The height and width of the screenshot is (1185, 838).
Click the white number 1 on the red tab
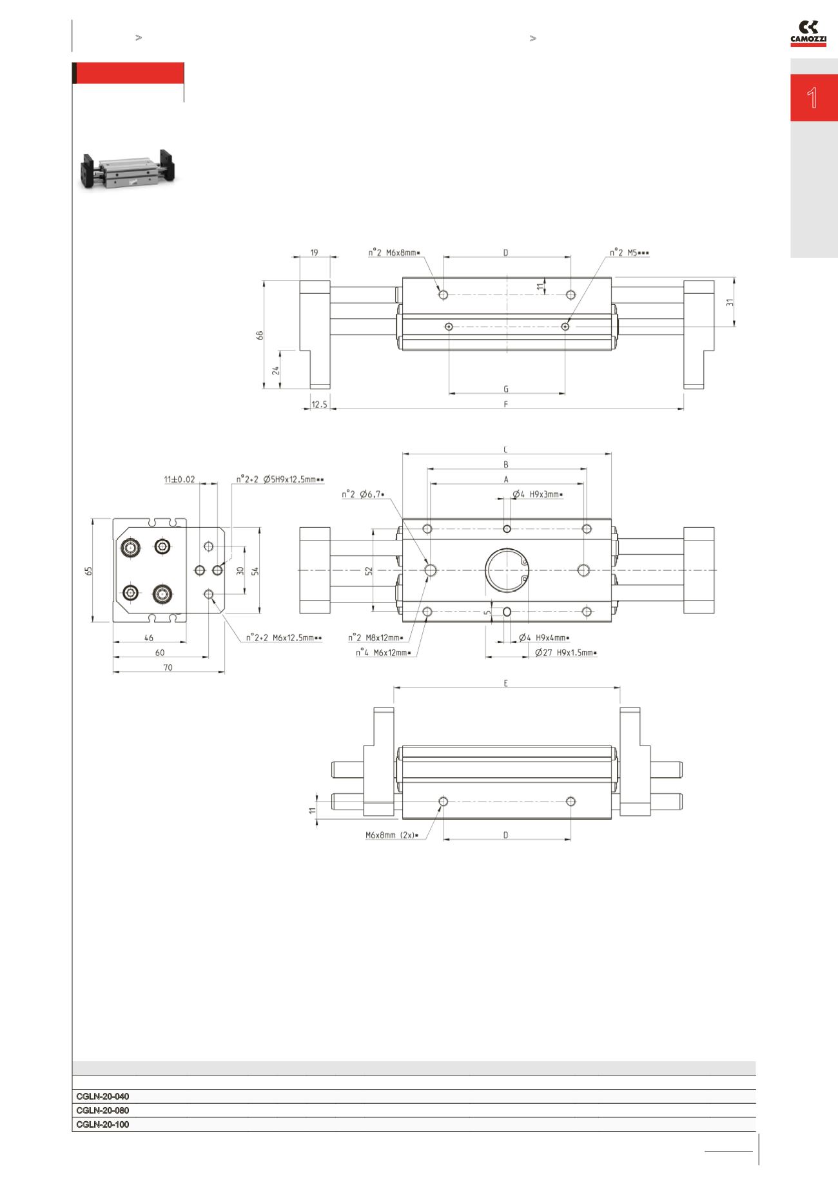click(813, 98)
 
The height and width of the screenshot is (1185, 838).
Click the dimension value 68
click(260, 335)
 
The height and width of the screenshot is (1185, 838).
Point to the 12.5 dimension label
click(319, 405)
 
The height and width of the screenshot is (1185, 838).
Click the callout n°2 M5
click(629, 253)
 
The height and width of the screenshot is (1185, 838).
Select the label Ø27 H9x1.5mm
click(565, 653)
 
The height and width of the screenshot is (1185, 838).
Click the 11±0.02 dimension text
click(179, 479)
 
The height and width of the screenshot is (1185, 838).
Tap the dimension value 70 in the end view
click(168, 668)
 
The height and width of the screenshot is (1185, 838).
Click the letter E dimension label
click(506, 683)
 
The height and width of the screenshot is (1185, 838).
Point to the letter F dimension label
click(506, 404)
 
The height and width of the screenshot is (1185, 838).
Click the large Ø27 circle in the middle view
click(507, 570)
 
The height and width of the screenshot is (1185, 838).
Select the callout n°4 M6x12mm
click(383, 653)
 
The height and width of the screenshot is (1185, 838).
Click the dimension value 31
click(730, 302)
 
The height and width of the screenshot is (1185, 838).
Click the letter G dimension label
click(506, 389)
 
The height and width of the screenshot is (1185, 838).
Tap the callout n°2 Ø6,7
click(363, 494)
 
